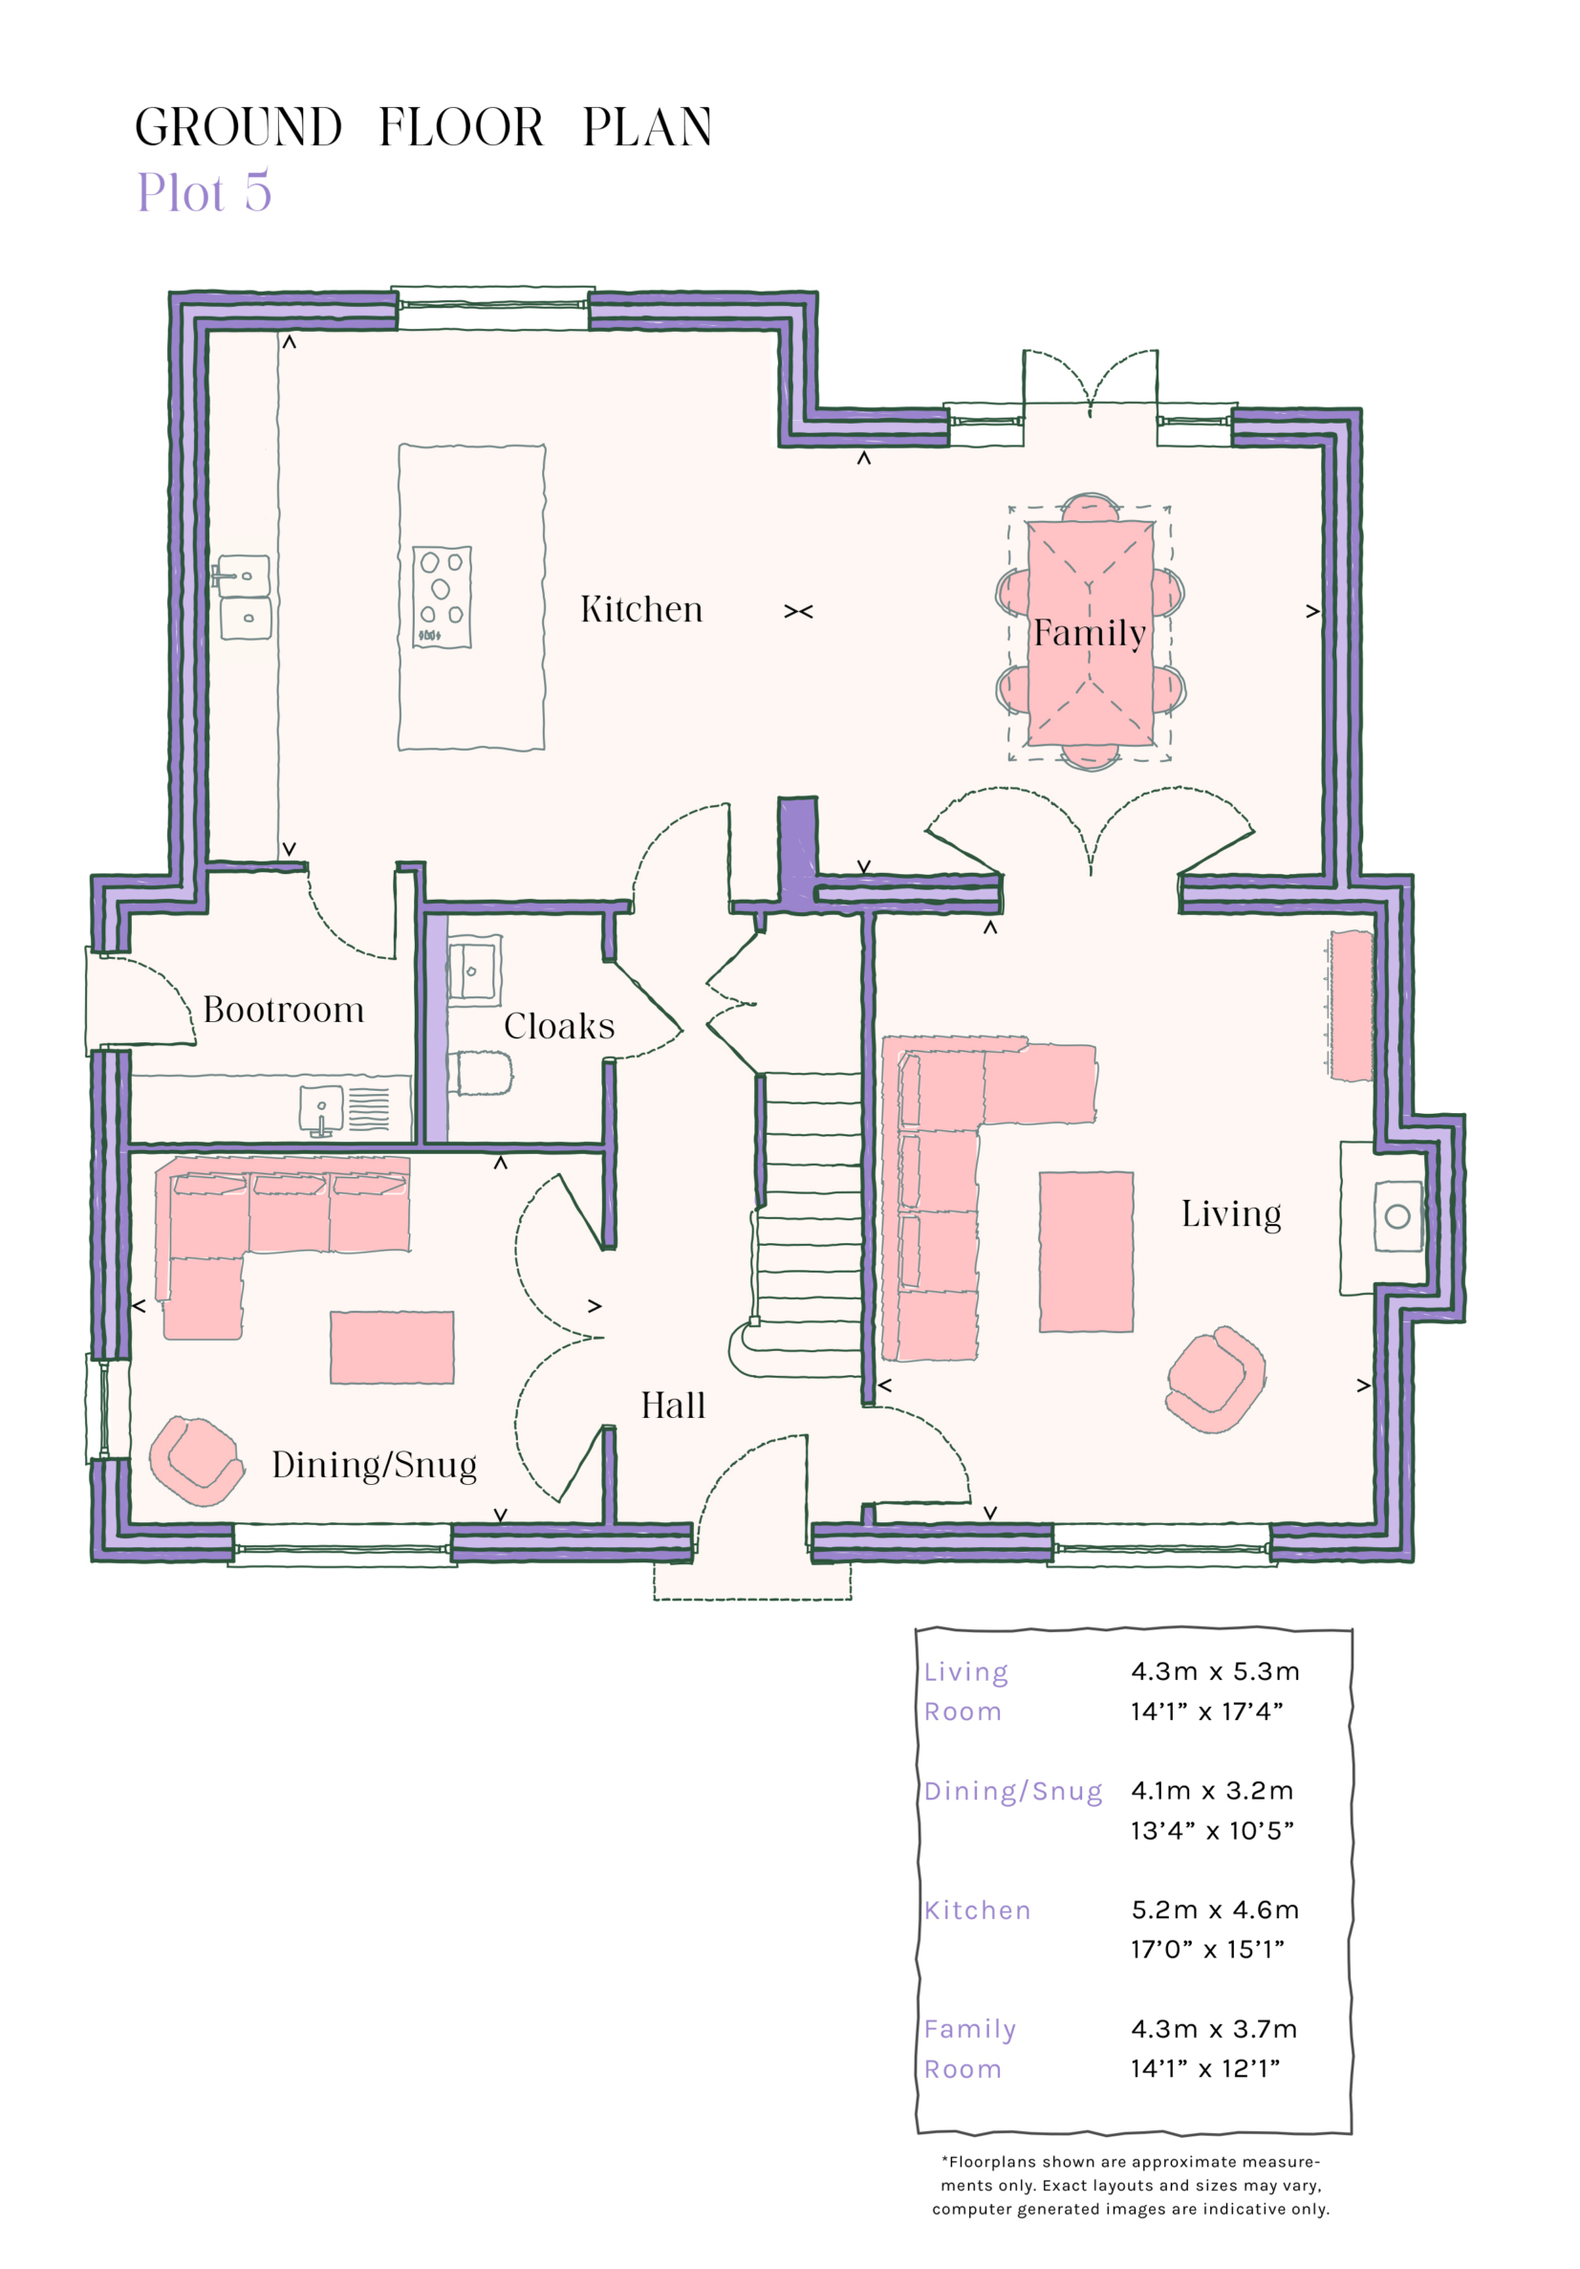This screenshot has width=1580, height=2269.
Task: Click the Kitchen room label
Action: (x=640, y=610)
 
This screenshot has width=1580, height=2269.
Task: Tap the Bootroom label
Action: (x=284, y=1010)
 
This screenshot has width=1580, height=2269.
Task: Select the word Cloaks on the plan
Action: (x=558, y=1027)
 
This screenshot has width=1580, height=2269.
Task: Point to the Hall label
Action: (x=672, y=1406)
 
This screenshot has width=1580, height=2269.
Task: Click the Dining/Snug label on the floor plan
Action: (x=374, y=1465)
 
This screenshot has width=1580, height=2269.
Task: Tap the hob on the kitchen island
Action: (x=441, y=597)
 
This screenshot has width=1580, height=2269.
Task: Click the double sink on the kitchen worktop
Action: (x=243, y=597)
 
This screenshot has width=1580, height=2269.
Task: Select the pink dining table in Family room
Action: (x=1089, y=632)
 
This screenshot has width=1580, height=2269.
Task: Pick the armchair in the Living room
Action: (x=1215, y=1380)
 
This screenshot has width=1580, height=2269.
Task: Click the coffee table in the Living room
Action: (x=1085, y=1251)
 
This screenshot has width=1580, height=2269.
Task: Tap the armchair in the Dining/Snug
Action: (x=196, y=1461)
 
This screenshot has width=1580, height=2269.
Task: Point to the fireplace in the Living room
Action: (x=1396, y=1215)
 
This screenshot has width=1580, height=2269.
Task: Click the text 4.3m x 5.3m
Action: (x=1215, y=1671)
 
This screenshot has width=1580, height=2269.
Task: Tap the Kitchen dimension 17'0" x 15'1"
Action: (x=1206, y=1950)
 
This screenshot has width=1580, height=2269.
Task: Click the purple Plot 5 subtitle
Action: (x=204, y=192)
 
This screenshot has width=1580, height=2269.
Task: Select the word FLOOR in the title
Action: (x=461, y=127)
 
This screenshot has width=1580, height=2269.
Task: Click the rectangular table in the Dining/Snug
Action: (x=391, y=1347)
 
